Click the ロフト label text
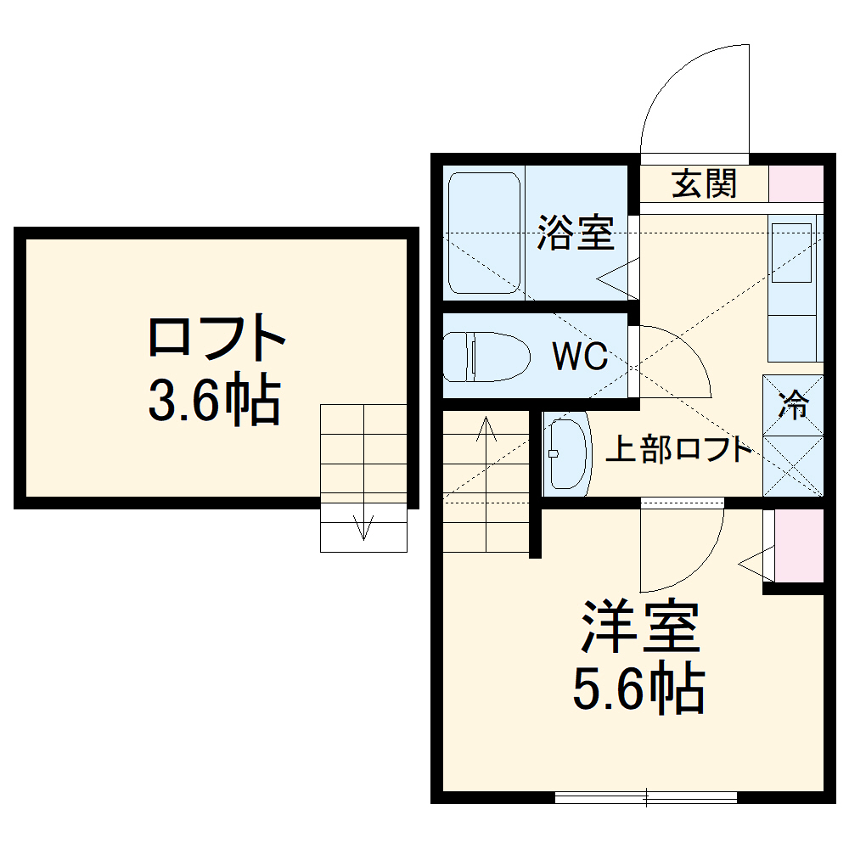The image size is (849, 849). click(216, 338)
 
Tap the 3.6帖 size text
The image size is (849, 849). click(214, 401)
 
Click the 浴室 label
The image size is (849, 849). click(575, 233)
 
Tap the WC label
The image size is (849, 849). click(580, 357)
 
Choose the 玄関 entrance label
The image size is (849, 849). click(704, 183)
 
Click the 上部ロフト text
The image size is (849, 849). click(678, 449)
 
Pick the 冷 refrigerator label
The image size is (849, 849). click(794, 407)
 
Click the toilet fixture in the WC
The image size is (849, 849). click(485, 357)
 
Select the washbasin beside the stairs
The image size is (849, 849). click(566, 452)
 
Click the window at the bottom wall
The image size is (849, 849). click(645, 796)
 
